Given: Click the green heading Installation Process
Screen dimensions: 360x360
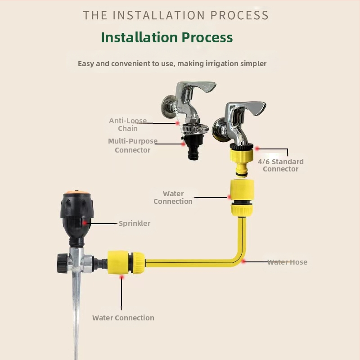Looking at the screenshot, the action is (x=167, y=37).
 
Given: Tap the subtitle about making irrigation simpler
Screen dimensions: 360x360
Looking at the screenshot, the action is (x=172, y=63).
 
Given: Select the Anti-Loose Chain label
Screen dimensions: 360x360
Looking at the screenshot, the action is (x=128, y=125).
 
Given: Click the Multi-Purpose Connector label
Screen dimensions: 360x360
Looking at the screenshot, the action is (x=133, y=145).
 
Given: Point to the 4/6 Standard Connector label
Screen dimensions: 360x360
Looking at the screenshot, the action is (x=280, y=165).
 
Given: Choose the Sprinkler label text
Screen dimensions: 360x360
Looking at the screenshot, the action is (x=135, y=223).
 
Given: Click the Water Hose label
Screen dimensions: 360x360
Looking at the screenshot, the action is (x=287, y=262).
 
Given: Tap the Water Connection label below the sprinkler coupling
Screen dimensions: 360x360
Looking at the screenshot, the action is (x=123, y=318).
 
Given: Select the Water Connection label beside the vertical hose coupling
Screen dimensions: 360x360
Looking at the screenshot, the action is (x=173, y=198).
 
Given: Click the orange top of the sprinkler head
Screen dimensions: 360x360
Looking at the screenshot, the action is (x=76, y=192).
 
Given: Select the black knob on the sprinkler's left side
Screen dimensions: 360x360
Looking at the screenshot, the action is (x=62, y=263).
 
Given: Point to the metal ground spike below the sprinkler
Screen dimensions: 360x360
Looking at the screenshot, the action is (x=76, y=315).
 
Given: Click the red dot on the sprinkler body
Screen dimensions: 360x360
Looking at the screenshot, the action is (x=85, y=223).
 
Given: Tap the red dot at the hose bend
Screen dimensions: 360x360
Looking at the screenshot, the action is (x=243, y=261).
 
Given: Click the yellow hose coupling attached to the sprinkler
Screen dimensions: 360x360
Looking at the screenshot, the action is (x=126, y=262).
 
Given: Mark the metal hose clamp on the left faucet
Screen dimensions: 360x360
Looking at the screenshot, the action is (x=196, y=128).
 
